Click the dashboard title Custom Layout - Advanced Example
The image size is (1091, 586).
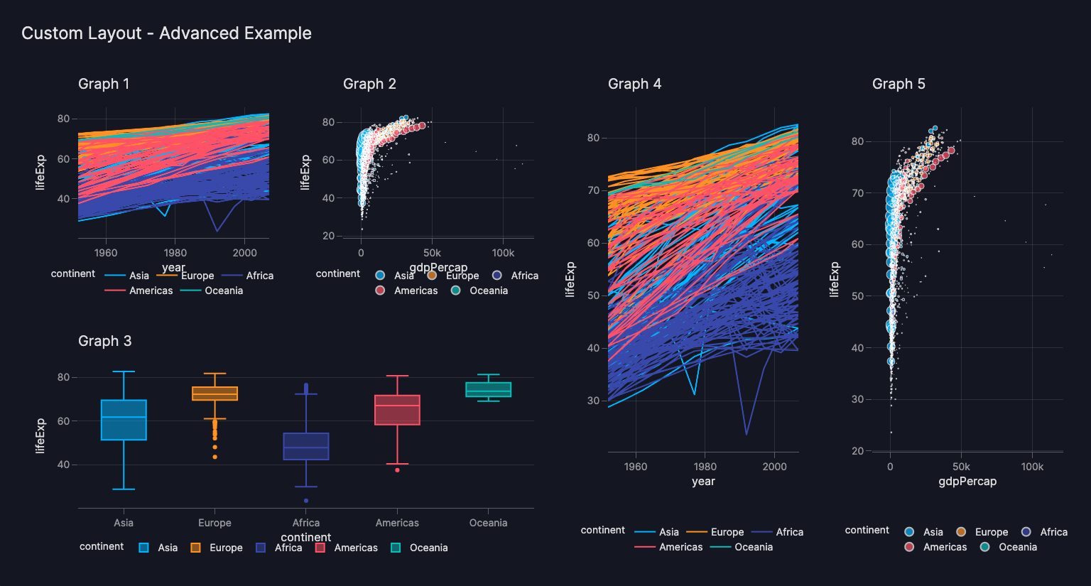(x=166, y=33)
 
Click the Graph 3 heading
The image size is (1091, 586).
(x=104, y=341)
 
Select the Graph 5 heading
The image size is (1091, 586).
(x=899, y=84)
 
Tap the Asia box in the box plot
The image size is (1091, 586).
(x=124, y=420)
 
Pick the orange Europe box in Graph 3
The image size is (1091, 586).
(x=215, y=394)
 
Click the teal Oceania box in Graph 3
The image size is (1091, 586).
(x=488, y=389)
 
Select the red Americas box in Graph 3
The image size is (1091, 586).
(x=397, y=410)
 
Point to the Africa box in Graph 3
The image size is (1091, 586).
(x=306, y=446)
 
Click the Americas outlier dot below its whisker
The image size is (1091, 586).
(x=397, y=470)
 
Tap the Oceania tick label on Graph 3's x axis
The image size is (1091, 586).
(x=488, y=523)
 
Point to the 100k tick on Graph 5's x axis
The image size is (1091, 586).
(x=1032, y=467)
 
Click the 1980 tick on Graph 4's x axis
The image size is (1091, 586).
(x=705, y=467)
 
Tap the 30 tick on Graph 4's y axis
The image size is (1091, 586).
(x=593, y=401)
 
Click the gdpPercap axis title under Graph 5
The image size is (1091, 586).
(x=967, y=482)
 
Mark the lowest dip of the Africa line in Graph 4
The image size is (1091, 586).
(x=747, y=434)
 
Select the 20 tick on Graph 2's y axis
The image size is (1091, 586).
(x=328, y=236)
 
